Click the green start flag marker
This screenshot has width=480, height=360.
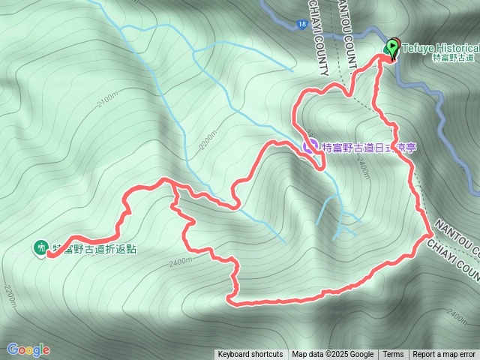pos(392,48)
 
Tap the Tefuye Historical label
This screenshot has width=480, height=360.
pos(440,47)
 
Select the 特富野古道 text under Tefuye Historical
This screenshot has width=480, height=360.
pos(454,58)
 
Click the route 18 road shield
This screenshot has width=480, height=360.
pos(300,25)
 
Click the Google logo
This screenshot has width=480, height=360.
pos(28,349)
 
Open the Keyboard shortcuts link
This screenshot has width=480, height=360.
pos(250,355)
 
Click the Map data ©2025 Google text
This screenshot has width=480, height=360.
pos(333,355)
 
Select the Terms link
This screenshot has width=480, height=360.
pos(393,355)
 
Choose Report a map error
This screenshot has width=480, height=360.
pos(445,355)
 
